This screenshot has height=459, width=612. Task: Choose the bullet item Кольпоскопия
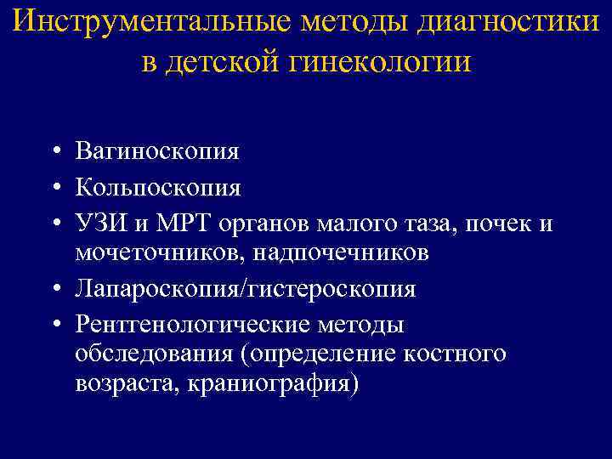click(x=157, y=186)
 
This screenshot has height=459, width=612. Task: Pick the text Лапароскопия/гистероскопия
click(x=245, y=289)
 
